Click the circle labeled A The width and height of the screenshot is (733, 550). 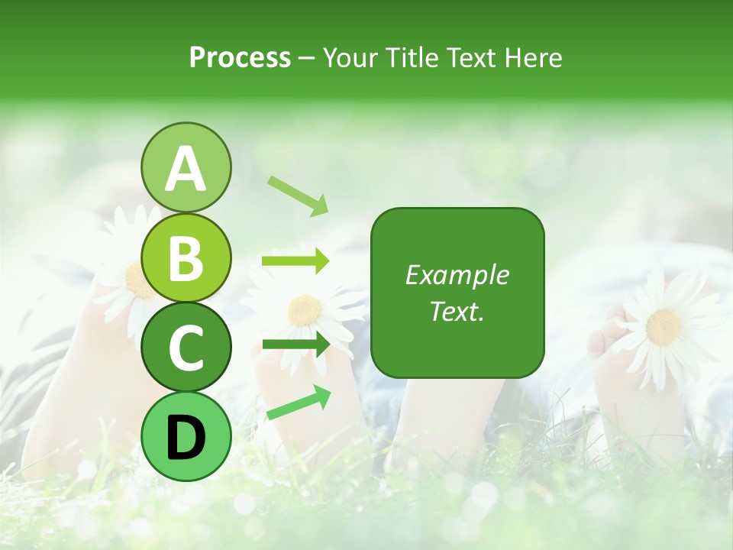click(186, 167)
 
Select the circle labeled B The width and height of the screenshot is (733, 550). click(186, 257)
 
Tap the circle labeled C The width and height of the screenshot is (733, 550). click(186, 347)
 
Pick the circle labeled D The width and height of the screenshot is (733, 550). click(186, 436)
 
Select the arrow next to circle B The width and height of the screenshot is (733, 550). click(295, 261)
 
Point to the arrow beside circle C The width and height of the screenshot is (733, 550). click(295, 345)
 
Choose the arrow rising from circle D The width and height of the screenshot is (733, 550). click(299, 403)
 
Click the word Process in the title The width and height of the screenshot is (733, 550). click(240, 58)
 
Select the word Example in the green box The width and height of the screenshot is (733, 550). click(457, 275)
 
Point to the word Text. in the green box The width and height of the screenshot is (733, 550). click(457, 311)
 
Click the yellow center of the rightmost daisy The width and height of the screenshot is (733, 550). click(663, 326)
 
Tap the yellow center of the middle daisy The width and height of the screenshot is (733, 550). click(305, 309)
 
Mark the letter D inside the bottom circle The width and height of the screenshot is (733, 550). click(186, 437)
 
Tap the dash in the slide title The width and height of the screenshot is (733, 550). click(307, 59)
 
